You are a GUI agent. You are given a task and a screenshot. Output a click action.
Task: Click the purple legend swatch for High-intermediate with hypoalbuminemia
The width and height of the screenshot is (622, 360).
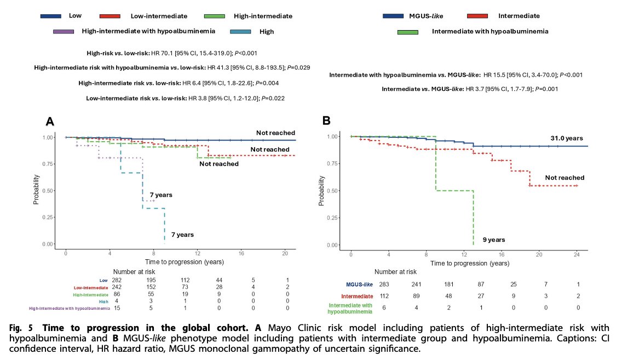(63, 32)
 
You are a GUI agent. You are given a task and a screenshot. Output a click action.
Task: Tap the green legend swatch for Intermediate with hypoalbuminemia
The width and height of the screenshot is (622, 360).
(407, 32)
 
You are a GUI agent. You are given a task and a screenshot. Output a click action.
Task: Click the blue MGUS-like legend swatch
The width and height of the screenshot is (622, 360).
(392, 16)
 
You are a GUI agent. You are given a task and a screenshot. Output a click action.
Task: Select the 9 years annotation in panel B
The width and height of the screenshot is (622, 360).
(493, 240)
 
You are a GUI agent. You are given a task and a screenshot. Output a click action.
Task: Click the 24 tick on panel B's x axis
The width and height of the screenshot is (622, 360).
(578, 256)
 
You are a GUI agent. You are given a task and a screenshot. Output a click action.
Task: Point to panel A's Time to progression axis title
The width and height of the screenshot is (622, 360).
(175, 262)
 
